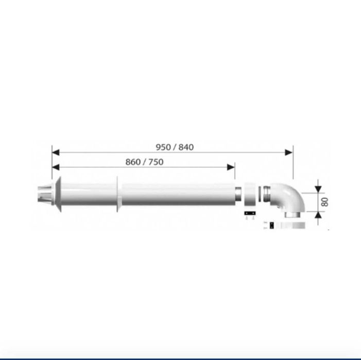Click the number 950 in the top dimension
tap(163, 147)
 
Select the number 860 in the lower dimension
tap(133, 162)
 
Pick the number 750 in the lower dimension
tap(156, 162)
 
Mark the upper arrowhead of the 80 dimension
tap(318, 186)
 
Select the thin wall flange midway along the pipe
tap(118, 195)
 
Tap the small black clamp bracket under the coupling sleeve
tap(250, 213)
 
